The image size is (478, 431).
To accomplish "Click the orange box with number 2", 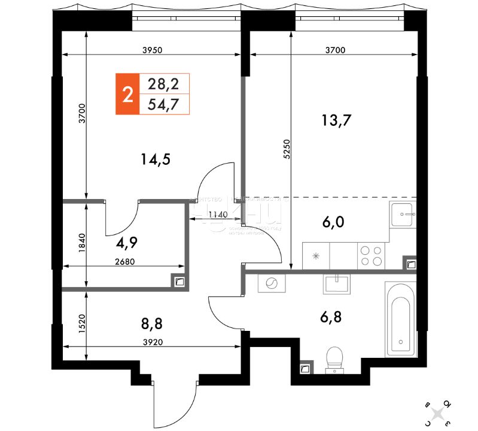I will pos(126,94).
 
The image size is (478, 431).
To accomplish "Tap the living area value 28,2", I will pos(163,83).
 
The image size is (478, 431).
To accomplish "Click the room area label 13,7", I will pos(336,120).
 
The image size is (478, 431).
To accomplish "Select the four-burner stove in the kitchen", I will pos(370,256).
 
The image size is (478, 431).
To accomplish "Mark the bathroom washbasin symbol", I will pos(339,283).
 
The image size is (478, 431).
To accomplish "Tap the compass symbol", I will pos(438,413).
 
